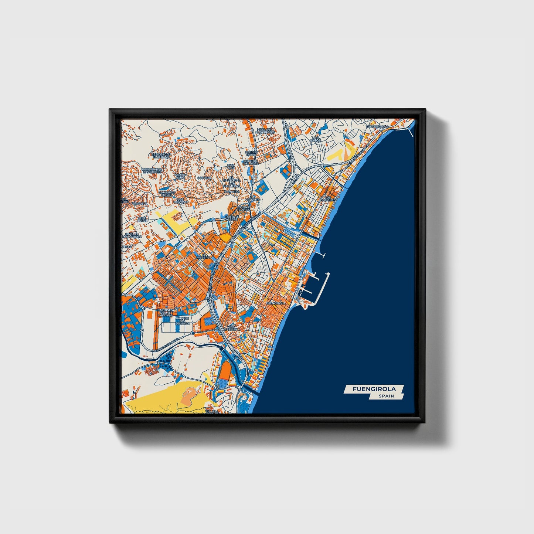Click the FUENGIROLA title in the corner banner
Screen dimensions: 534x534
[374, 389]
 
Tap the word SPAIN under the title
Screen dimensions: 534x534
[386, 396]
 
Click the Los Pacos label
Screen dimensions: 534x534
[315, 139]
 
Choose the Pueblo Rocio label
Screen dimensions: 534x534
[251, 153]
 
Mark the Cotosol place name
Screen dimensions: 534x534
[204, 178]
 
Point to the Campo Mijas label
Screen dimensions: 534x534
[180, 176]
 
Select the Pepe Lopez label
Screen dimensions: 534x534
[143, 220]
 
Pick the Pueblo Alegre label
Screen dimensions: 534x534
[232, 217]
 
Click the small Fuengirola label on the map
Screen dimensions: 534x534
[276, 303]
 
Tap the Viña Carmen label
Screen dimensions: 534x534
[232, 328]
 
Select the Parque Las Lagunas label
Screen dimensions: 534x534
[182, 320]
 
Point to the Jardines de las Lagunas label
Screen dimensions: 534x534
[165, 313]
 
